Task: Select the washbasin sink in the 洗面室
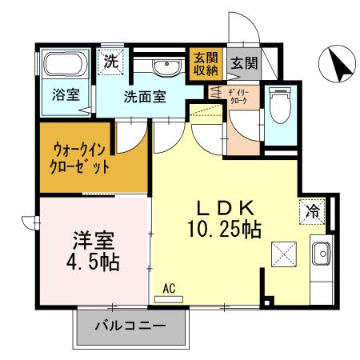[x=166, y=66]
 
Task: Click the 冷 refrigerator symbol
[x=314, y=212]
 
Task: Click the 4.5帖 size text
[x=93, y=262]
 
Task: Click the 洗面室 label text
[x=145, y=97]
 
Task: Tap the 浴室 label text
[x=66, y=94]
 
